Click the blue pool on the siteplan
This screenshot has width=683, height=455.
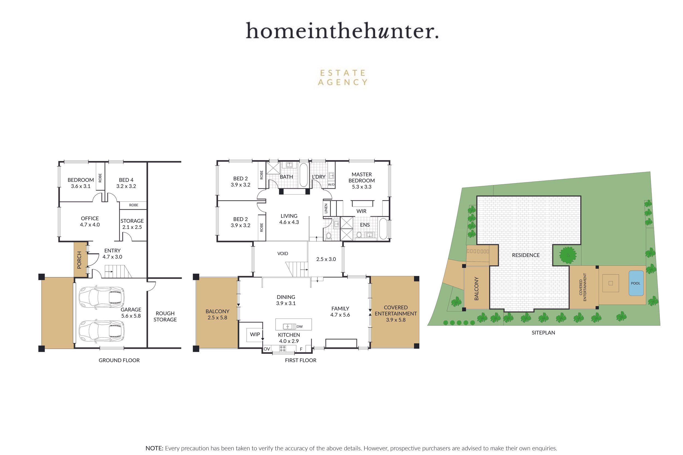636,283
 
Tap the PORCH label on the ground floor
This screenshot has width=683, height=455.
79,260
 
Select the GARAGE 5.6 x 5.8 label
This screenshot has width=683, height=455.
131,313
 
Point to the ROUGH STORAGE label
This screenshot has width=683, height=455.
165,316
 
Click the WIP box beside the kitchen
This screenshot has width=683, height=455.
255,334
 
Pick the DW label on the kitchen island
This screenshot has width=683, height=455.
299,326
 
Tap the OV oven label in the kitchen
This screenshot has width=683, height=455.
267,349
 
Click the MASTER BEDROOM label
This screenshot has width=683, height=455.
361,180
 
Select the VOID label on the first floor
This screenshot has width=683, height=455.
282,254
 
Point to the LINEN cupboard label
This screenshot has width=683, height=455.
326,208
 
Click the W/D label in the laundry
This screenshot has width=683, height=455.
331,185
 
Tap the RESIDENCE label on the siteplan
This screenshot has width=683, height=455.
526,255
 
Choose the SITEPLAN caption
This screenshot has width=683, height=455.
543,332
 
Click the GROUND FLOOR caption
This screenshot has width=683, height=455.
119,360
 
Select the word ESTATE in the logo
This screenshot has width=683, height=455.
342,73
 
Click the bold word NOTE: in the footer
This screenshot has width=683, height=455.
154,448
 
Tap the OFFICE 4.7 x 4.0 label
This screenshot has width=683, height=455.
90,221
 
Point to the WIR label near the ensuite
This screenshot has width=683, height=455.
361,211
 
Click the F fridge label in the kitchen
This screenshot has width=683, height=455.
301,349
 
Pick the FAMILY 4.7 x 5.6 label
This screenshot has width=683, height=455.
340,312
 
